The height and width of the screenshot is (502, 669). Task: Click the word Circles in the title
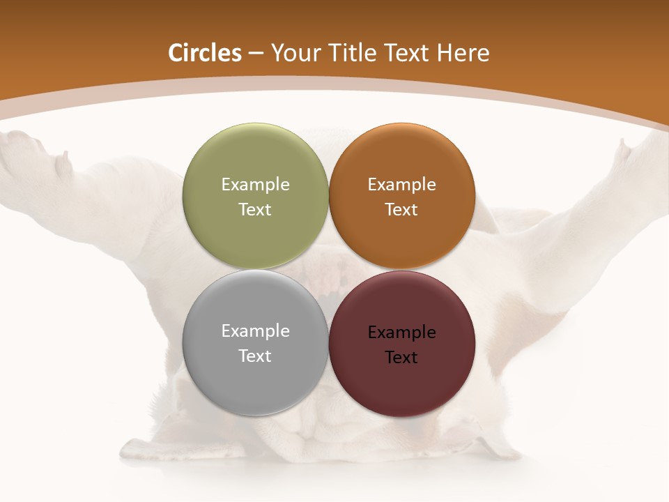point(205,53)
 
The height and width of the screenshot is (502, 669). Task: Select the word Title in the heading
point(354,53)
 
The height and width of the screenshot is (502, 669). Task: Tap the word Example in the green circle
point(255,185)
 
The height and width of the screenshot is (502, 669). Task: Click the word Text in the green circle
point(255,210)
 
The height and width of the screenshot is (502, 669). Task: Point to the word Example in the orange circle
point(401,185)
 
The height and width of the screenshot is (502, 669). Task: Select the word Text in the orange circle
point(401,210)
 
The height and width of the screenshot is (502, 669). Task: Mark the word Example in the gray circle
point(255,331)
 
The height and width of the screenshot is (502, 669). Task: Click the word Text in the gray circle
point(255,356)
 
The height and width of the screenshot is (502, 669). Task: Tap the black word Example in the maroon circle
point(401,333)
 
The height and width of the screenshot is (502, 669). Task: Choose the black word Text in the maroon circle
point(401,358)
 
